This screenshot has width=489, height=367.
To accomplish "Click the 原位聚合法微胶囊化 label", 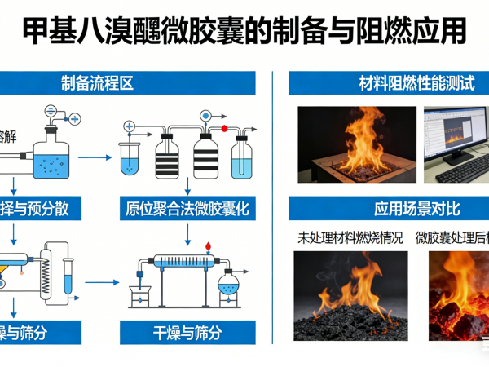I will pos(187,209).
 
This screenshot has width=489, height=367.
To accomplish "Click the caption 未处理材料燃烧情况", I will pos(350,238).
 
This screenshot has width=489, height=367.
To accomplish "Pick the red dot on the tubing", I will pos(223,129).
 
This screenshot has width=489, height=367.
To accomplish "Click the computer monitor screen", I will pos(453,134).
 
